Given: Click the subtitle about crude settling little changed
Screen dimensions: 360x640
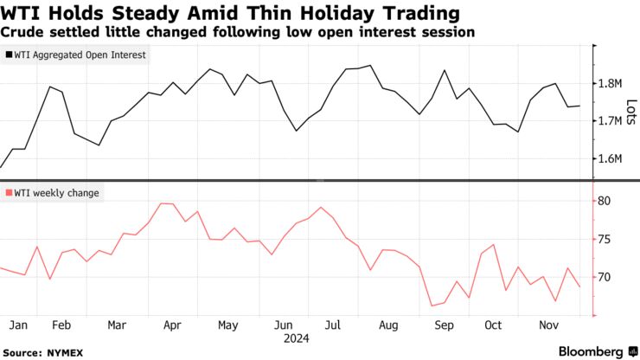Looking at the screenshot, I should pos(238,32).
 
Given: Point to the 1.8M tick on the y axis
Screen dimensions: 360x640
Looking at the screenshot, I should pos(610,83).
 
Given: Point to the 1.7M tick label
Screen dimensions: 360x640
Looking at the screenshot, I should pos(610,121).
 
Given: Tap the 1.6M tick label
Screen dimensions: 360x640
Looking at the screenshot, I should pos(610,158).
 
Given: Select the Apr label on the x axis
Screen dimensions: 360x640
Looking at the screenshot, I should pos(171,325).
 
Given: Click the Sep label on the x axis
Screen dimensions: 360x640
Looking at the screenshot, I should pos(443,325).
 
